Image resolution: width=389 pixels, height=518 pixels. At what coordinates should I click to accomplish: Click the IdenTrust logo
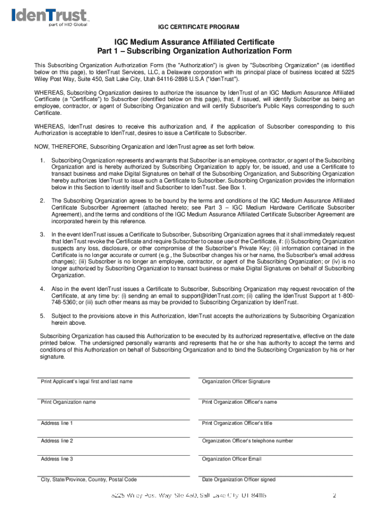[49, 17]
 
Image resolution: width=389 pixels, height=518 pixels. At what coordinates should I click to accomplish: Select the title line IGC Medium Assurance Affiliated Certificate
[194, 41]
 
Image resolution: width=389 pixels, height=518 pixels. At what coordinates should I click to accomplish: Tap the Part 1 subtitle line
[194, 51]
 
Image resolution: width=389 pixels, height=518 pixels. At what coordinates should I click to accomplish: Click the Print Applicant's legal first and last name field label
[86, 381]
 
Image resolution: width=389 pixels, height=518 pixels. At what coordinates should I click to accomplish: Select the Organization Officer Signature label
[236, 381]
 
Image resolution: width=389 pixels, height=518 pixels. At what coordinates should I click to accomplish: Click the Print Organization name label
[68, 402]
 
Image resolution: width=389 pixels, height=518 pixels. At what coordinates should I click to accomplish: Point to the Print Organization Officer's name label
[239, 402]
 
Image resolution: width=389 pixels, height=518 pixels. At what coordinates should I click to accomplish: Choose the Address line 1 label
[57, 423]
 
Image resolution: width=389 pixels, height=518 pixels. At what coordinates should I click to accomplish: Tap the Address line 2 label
[57, 441]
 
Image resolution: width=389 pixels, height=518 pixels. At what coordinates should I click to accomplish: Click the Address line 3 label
[57, 459]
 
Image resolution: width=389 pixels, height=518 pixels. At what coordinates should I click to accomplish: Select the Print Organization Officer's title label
[237, 423]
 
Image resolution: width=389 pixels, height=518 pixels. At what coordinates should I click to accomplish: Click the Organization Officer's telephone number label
[247, 441]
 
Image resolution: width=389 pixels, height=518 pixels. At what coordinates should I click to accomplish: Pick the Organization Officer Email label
[231, 459]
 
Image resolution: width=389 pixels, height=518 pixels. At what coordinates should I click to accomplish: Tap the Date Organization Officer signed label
[238, 480]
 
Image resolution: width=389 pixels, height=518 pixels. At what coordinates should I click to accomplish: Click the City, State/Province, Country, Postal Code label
[88, 480]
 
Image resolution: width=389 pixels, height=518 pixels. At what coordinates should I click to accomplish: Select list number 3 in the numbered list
[42, 235]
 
